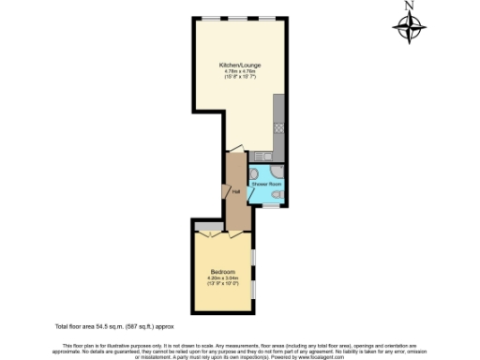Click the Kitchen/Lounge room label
[241, 65]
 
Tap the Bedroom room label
[222, 271]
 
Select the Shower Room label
[266, 185]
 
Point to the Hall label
[236, 192]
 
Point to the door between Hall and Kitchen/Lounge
[234, 151]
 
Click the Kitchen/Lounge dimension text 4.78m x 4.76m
[241, 72]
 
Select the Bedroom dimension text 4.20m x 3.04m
[222, 277]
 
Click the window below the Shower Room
[269, 206]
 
